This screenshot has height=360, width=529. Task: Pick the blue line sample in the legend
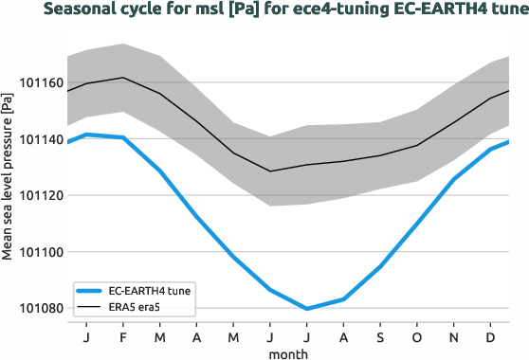[x=93, y=292]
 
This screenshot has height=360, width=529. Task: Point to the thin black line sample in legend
[x=93, y=308]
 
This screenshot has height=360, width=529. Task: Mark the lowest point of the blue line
[x=307, y=308]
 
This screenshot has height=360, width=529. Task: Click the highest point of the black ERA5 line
[x=123, y=78]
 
